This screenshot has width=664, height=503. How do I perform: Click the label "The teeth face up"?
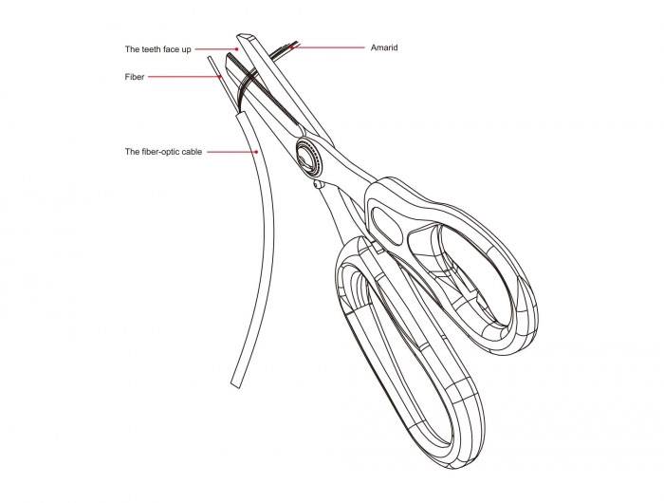158,48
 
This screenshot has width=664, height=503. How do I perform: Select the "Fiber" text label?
134,77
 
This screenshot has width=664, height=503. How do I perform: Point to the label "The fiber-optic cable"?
163,151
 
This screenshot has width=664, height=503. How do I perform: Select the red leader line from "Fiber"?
185,77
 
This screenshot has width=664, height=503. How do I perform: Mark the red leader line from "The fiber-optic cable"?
231,151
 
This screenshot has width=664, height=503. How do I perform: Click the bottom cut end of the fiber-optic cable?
236,382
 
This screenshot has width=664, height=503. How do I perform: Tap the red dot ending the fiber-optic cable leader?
258,151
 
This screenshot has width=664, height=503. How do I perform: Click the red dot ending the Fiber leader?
221,77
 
